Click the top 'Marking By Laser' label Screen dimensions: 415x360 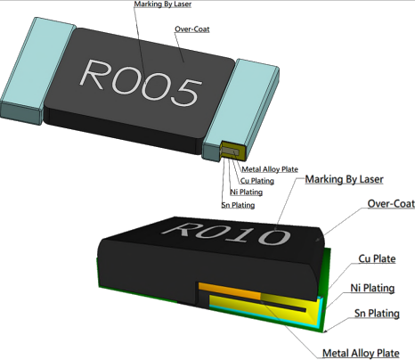163,4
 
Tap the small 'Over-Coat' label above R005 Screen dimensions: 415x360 192,29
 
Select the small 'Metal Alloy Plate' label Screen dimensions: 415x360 270,169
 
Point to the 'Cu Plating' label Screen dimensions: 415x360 257,181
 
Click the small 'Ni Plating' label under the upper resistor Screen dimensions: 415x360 247,192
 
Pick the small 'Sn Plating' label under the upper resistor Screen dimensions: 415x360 238,205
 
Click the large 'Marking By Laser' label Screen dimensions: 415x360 345,179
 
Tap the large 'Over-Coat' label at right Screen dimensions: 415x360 391,204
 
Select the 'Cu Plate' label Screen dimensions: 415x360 377,258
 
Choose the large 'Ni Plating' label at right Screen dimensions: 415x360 372,288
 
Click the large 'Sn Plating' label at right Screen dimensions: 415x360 377,314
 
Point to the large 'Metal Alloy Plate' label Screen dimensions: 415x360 361,353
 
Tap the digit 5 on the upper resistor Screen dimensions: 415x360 187,92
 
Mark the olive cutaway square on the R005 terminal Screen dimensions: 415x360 233,151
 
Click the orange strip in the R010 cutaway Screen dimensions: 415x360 230,291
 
